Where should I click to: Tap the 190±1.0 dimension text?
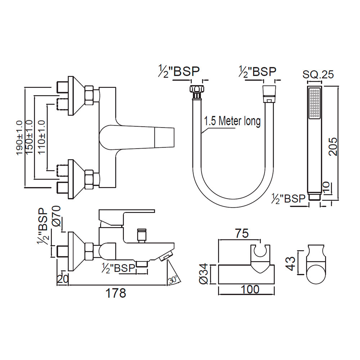tap(20, 138)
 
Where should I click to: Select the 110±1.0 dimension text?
tap(42, 138)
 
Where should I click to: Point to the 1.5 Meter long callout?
tap(232, 121)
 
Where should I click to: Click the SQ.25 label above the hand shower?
tap(318, 75)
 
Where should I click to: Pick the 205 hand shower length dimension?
tap(334, 146)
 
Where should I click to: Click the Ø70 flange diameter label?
tap(57, 216)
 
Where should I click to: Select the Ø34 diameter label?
tap(205, 276)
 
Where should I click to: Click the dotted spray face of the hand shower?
tap(314, 103)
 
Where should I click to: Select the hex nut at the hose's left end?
tap(197, 89)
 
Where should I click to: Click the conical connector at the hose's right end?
tap(269, 90)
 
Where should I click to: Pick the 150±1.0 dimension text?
tap(31, 138)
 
